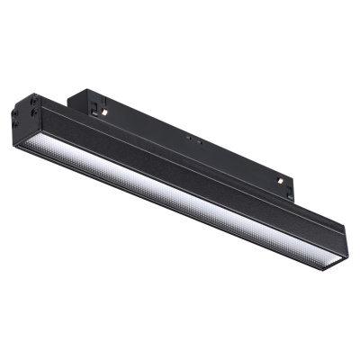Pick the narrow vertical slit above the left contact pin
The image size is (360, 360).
(105, 101)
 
